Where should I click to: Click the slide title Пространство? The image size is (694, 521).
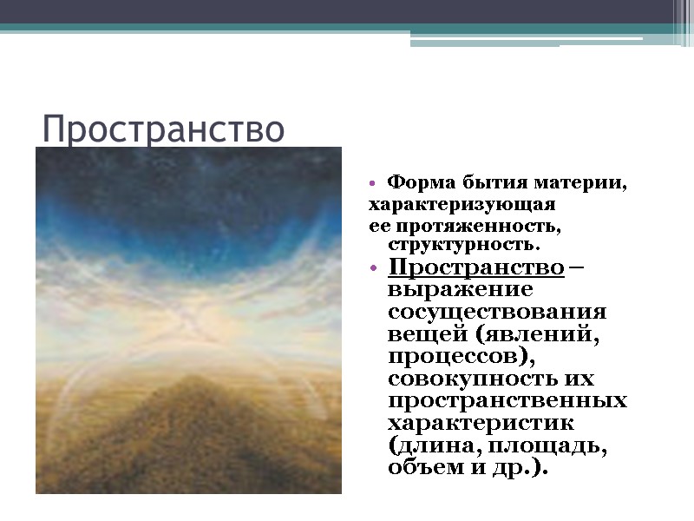163,129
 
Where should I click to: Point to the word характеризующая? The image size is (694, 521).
462,206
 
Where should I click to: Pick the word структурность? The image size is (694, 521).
457,245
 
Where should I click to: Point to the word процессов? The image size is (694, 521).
449,356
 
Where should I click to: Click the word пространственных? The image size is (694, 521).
507,401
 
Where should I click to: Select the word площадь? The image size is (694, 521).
553,446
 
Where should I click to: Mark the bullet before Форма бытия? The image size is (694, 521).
373,184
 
